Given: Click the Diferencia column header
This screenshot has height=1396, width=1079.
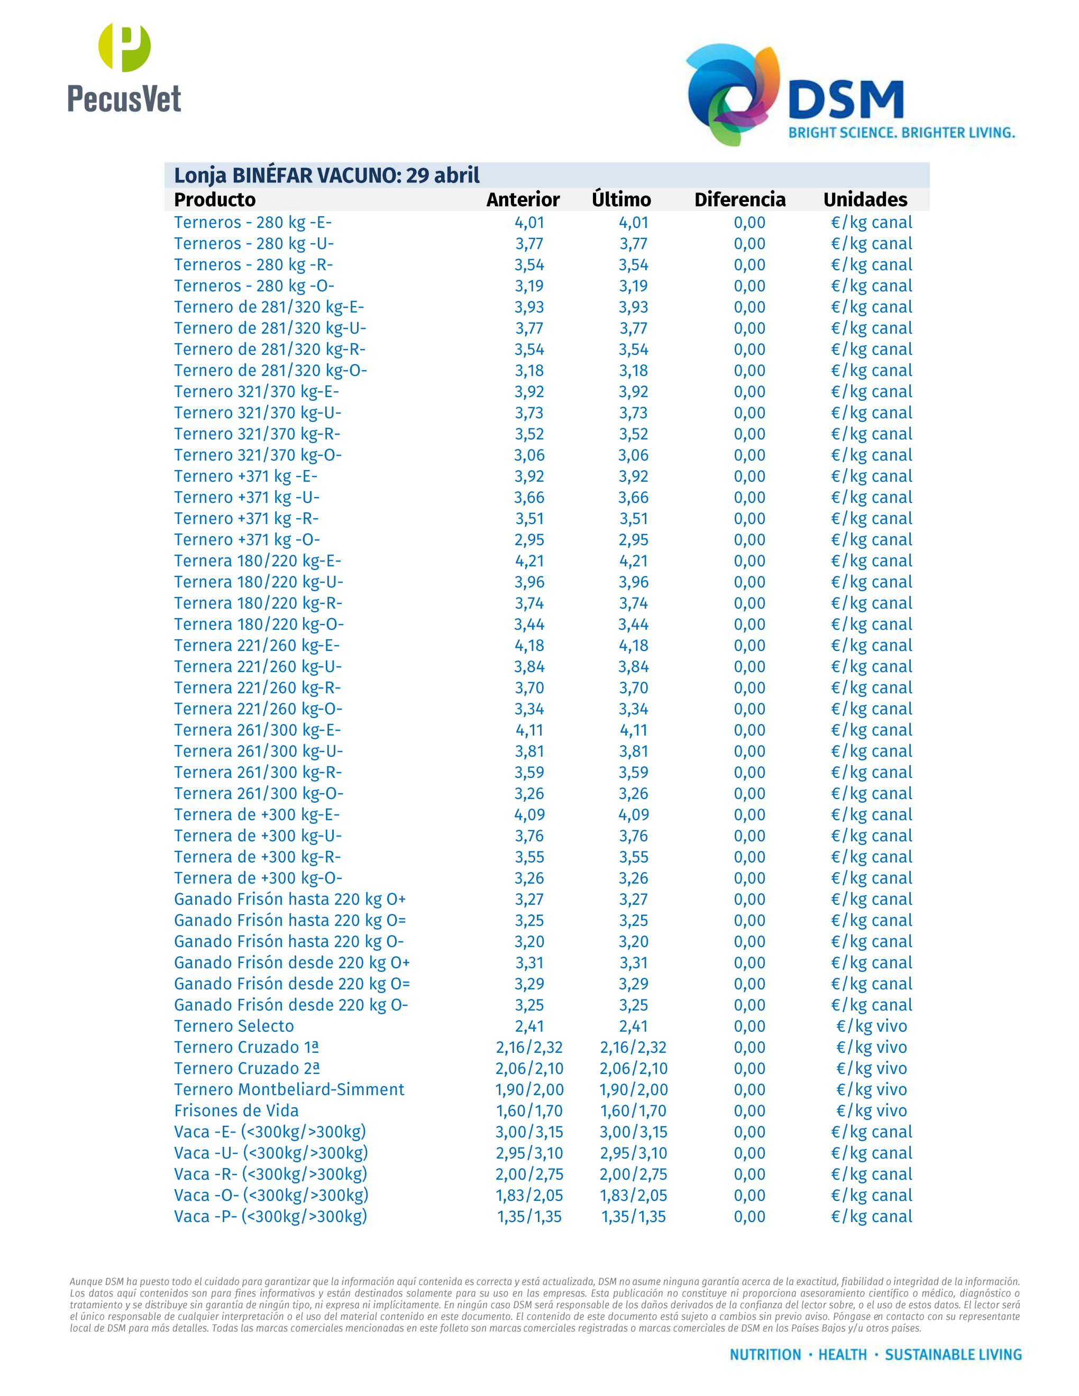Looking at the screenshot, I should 739,199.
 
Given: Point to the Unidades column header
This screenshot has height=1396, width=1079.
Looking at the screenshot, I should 865,199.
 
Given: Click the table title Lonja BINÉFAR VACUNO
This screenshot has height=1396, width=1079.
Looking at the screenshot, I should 327,175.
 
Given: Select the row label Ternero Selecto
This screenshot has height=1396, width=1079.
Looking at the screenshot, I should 234,1026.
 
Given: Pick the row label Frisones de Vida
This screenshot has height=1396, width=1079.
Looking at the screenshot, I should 236,1110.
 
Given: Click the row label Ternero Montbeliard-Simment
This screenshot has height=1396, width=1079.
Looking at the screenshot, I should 289,1089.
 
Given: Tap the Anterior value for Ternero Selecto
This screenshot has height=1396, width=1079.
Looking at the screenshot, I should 529,1026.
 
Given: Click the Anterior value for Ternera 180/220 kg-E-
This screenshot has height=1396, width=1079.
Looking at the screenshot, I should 529,561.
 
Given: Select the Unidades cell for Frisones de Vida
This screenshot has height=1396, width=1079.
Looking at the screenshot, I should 871,1110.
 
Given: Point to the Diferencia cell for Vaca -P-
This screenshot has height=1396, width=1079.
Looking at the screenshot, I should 749,1216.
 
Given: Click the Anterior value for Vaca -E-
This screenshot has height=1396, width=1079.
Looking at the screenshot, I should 529,1132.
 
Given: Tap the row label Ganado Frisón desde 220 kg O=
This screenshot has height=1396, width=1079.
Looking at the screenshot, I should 291,984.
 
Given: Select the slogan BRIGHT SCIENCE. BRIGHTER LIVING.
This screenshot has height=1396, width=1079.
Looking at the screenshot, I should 901,133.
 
